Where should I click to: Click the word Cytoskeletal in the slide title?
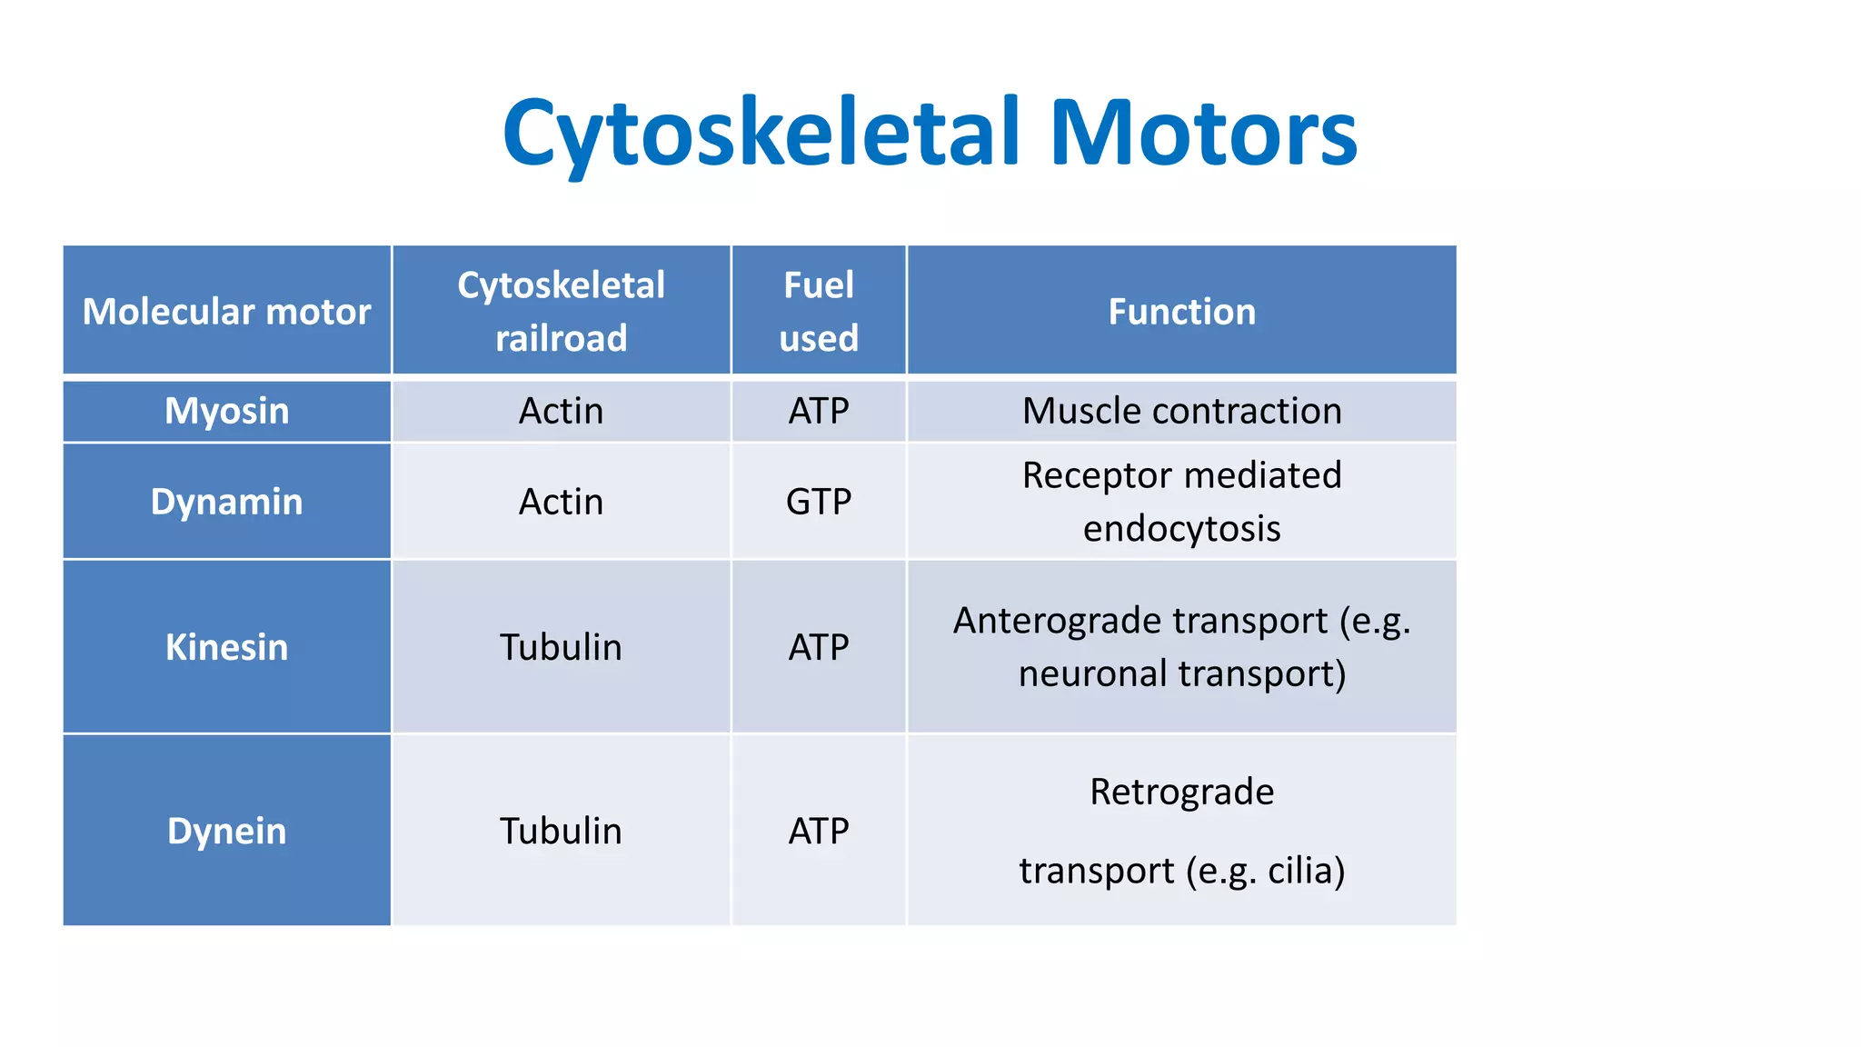(761, 134)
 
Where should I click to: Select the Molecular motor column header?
(226, 312)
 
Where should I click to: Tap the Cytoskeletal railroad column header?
(561, 311)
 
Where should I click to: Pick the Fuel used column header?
(818, 311)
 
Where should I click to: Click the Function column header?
(1181, 312)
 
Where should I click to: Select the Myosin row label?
(226, 411)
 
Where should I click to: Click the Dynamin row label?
(226, 502)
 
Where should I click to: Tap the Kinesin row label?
(226, 647)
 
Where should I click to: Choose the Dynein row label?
(226, 831)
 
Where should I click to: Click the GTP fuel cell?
(818, 502)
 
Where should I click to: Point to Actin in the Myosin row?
(561, 411)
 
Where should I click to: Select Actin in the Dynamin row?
(561, 502)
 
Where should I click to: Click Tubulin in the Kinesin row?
(561, 647)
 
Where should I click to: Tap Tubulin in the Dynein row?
(561, 831)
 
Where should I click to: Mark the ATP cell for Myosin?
(818, 411)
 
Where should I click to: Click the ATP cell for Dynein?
(818, 831)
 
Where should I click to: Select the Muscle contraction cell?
(1181, 411)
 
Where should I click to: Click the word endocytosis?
(1181, 528)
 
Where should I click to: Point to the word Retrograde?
(1181, 792)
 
